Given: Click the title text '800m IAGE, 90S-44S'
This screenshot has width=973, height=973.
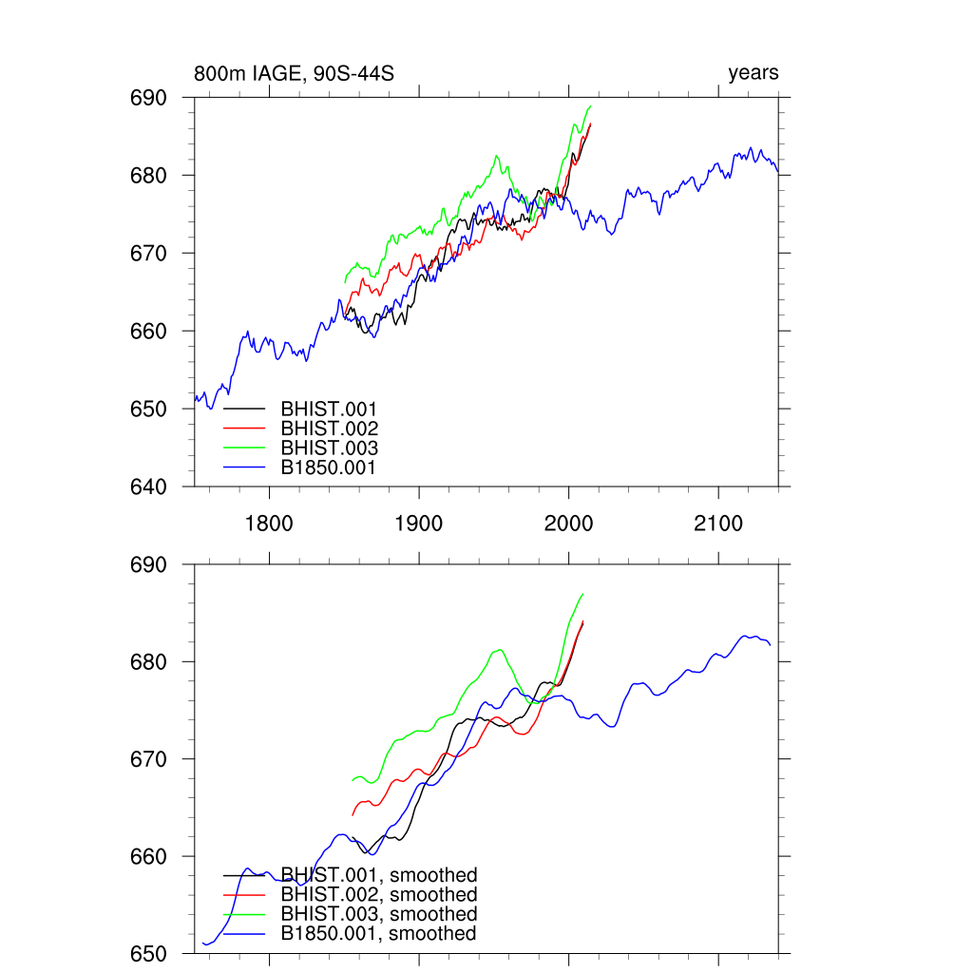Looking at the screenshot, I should [x=294, y=73].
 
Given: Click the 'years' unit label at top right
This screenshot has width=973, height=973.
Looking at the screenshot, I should [x=754, y=73].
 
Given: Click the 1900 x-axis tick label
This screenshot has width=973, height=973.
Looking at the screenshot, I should [x=419, y=524].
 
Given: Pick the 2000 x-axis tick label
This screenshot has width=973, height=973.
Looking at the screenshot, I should [x=568, y=524].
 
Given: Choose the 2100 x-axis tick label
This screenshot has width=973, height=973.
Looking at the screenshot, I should [x=718, y=524].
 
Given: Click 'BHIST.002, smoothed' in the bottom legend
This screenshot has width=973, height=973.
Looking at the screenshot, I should [x=378, y=895].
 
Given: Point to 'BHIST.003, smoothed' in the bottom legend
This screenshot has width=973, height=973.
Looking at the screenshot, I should [x=378, y=914].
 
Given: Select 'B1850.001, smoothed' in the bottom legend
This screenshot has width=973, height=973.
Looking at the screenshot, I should [x=378, y=934].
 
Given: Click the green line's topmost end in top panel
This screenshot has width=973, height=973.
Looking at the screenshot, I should [x=590, y=106].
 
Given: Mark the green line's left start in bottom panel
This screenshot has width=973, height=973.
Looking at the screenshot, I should [x=353, y=780].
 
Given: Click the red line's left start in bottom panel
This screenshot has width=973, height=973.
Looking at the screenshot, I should [x=353, y=814].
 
